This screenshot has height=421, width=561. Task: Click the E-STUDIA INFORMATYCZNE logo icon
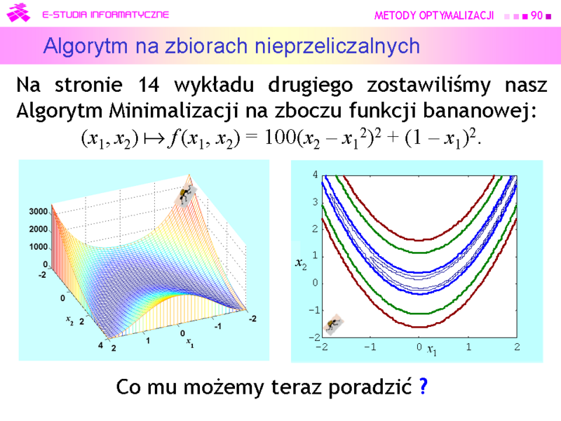pyautogui.click(x=19, y=13)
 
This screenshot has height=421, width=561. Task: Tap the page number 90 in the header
pyautogui.click(x=536, y=15)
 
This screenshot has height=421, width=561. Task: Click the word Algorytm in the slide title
pyautogui.click(x=85, y=46)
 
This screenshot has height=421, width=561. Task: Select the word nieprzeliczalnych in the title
pyautogui.click(x=337, y=46)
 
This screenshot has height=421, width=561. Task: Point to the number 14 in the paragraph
pyautogui.click(x=149, y=85)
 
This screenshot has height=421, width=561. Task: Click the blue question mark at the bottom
pyautogui.click(x=424, y=387)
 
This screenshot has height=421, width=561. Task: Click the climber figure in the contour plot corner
pyautogui.click(x=334, y=325)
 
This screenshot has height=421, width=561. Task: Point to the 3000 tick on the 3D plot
pyautogui.click(x=39, y=212)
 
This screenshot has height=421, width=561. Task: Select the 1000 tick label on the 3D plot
pyautogui.click(x=39, y=247)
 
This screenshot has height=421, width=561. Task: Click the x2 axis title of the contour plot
pyautogui.click(x=301, y=264)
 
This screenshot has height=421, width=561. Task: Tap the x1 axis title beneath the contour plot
pyautogui.click(x=432, y=350)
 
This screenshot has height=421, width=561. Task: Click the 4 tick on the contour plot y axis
pyautogui.click(x=315, y=175)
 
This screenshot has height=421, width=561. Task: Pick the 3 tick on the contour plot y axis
pyautogui.click(x=315, y=202)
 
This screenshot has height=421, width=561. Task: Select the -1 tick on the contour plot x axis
pyautogui.click(x=370, y=347)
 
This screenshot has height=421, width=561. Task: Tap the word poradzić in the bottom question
pyautogui.click(x=370, y=387)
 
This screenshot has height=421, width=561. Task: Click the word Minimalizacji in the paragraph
pyautogui.click(x=173, y=111)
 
